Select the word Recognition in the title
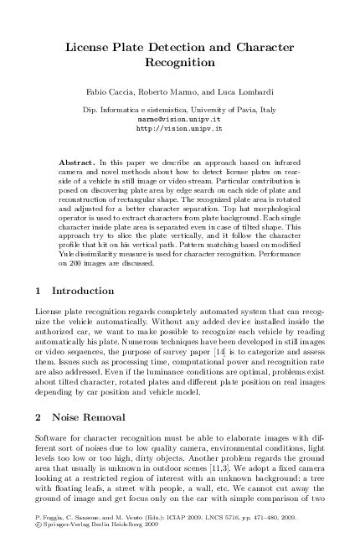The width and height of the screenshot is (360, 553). [180, 63]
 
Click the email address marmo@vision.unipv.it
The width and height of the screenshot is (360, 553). [179, 120]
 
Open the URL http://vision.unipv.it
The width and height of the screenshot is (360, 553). [179, 130]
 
